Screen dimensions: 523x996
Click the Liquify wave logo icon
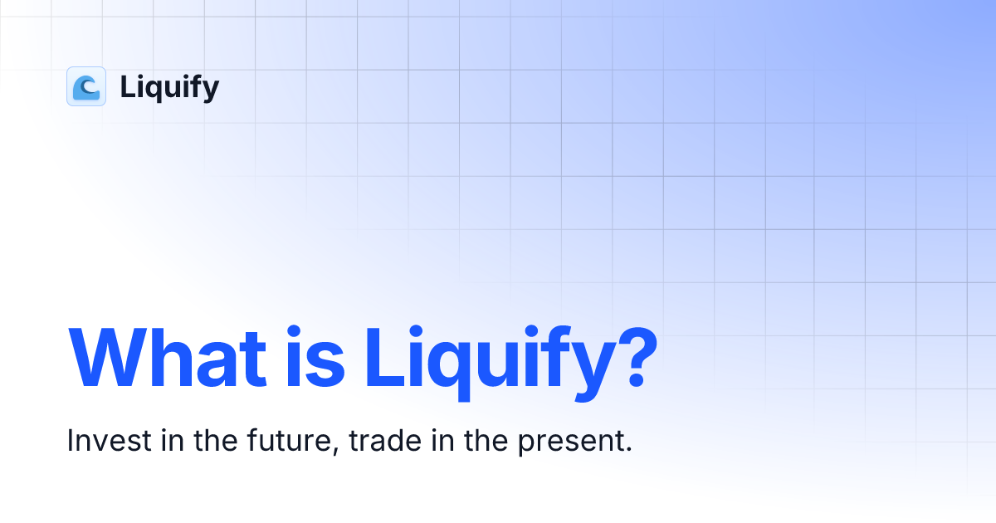[x=86, y=86]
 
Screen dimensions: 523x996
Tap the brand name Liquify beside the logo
[x=169, y=87]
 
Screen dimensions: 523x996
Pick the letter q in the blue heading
[x=450, y=369]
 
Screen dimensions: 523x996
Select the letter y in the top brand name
[x=209, y=90]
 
